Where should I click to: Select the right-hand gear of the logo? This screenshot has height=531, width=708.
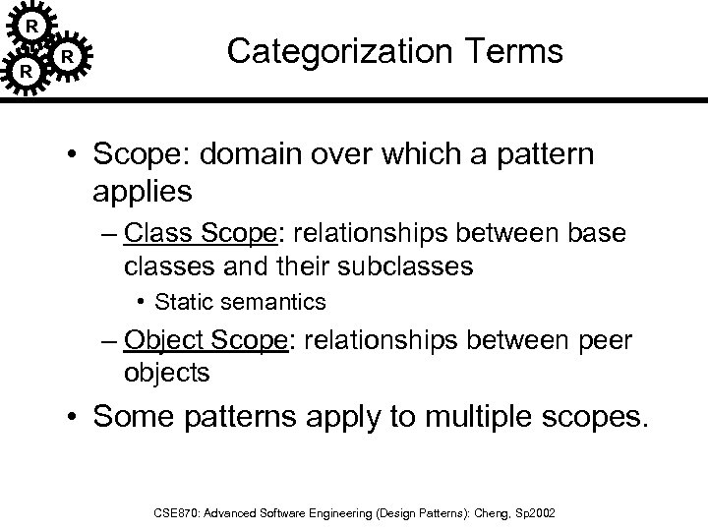[x=67, y=56]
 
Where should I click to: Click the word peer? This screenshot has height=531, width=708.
[x=602, y=341]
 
